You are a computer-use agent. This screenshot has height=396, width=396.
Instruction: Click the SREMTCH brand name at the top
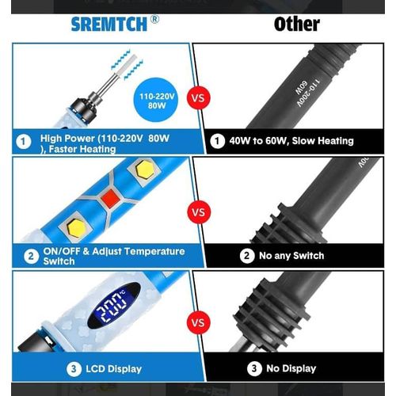[x=109, y=25]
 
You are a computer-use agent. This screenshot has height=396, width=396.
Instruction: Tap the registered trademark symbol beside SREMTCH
[x=154, y=20]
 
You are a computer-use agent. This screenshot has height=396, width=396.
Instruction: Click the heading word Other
[x=297, y=25]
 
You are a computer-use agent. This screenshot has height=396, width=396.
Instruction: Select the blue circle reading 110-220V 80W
[x=156, y=100]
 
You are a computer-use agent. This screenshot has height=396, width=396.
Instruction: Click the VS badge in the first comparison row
[x=198, y=98]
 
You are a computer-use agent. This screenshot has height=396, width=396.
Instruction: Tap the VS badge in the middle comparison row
[x=199, y=212]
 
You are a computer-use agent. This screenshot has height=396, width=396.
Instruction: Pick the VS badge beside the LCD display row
[x=198, y=322]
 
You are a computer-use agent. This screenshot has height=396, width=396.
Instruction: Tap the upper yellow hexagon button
[x=145, y=169]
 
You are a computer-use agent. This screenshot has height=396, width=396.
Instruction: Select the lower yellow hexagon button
[x=77, y=228]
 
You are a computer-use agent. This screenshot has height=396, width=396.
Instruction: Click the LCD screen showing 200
[x=113, y=306]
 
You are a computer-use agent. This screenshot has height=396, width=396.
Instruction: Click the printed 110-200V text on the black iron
[x=309, y=93]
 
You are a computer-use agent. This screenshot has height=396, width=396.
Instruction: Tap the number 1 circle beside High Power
[x=24, y=142]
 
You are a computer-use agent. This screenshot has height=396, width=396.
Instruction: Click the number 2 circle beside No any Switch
[x=247, y=256]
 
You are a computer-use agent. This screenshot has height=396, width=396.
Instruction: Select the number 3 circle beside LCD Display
[x=74, y=369]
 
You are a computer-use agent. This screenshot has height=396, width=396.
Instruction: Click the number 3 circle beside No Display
[x=254, y=368]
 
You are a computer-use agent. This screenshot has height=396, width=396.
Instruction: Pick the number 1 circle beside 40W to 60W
[x=217, y=141]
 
